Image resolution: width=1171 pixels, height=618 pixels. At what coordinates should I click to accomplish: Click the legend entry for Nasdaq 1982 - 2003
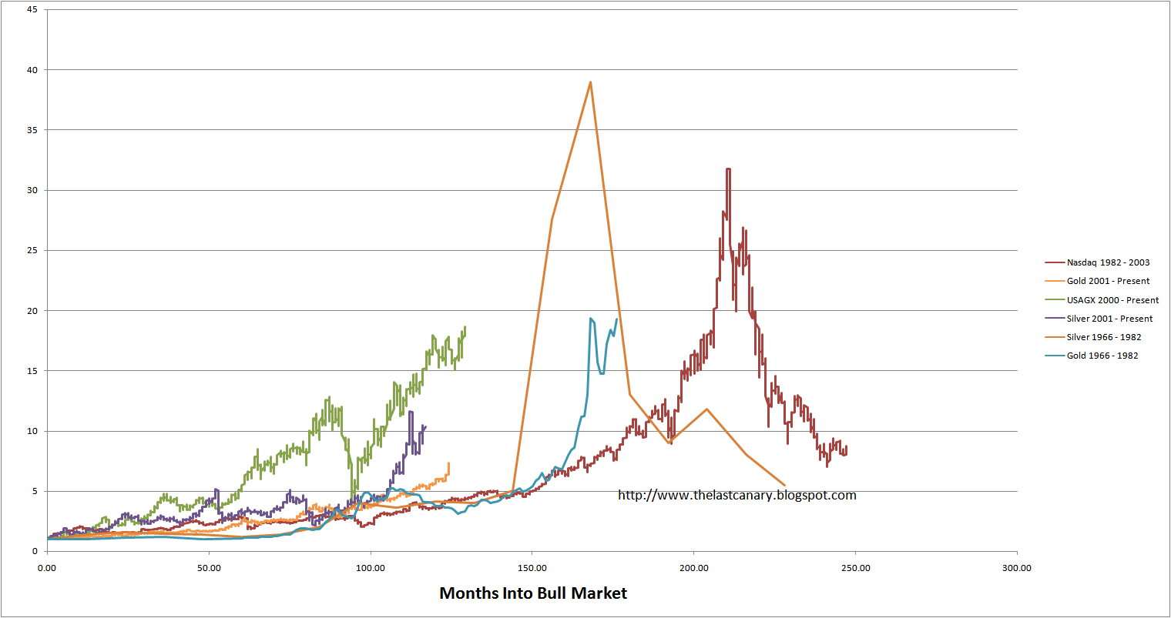click(1107, 262)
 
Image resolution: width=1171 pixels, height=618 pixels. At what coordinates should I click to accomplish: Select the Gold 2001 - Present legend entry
click(1107, 281)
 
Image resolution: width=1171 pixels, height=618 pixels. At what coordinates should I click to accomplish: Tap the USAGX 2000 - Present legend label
click(1112, 300)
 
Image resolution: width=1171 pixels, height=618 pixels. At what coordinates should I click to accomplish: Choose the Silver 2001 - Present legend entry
click(1109, 319)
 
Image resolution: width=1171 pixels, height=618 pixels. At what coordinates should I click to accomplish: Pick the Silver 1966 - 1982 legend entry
click(1103, 337)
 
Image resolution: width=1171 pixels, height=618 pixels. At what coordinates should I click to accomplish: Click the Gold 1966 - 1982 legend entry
click(1102, 356)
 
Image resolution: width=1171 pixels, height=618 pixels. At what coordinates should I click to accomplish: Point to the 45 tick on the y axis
click(32, 10)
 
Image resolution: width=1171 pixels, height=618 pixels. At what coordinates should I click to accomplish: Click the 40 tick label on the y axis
click(32, 70)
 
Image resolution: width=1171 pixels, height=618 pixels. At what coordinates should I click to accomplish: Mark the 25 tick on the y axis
click(32, 250)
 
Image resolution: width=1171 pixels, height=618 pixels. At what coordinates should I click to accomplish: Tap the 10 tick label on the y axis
click(32, 431)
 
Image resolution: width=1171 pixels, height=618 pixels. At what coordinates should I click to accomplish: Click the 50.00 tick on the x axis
click(209, 568)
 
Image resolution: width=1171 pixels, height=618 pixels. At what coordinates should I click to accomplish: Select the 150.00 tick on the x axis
click(532, 568)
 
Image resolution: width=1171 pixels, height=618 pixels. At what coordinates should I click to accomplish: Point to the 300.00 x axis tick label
click(1017, 568)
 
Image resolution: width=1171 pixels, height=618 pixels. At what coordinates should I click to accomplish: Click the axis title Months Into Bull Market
click(533, 593)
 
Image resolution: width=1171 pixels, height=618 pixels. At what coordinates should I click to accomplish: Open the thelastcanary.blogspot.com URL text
click(736, 495)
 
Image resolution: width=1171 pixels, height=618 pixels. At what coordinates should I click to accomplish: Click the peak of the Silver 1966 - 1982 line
click(590, 82)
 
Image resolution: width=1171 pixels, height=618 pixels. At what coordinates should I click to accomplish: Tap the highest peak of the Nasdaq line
click(728, 169)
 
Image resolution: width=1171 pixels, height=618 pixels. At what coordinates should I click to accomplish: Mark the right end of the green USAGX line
click(465, 328)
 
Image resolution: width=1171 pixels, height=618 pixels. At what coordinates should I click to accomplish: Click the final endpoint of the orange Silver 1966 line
click(784, 485)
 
